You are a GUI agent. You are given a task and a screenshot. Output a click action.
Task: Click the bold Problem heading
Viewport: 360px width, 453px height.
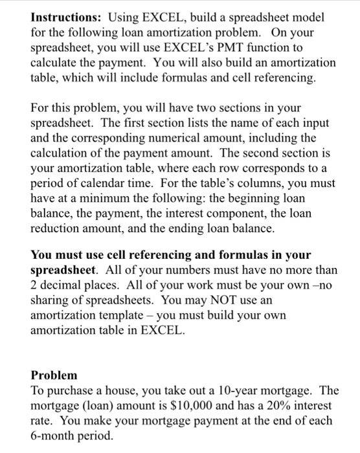(x=54, y=375)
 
